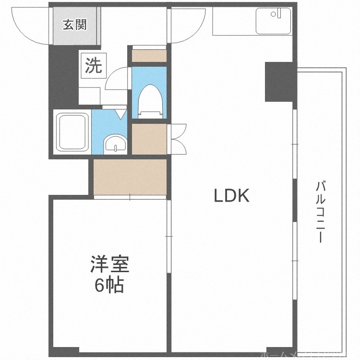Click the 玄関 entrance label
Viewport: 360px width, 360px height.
pos(75,24)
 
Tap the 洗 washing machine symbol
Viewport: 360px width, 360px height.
pos(94,66)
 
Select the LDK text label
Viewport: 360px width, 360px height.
pos(231,195)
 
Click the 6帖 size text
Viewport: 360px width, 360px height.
pos(109,285)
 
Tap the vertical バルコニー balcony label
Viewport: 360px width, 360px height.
pos(321,211)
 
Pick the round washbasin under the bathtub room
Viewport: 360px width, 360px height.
pos(115,144)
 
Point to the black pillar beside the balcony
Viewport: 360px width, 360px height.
pos(279,81)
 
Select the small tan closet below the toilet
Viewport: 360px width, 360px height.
pos(148,139)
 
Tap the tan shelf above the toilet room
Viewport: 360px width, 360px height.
pos(149,55)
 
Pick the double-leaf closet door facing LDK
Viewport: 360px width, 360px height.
pos(179,139)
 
